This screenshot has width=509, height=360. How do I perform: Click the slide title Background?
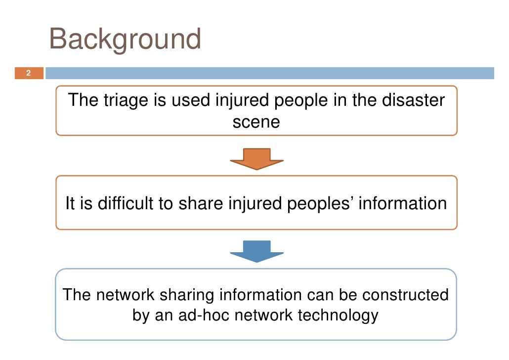coord(125,39)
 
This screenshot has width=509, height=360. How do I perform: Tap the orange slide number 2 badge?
coord(28,74)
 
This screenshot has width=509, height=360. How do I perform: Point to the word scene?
coord(256,122)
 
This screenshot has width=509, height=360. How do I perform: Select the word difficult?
coord(116,204)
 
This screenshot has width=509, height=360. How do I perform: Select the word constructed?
coord(405,295)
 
